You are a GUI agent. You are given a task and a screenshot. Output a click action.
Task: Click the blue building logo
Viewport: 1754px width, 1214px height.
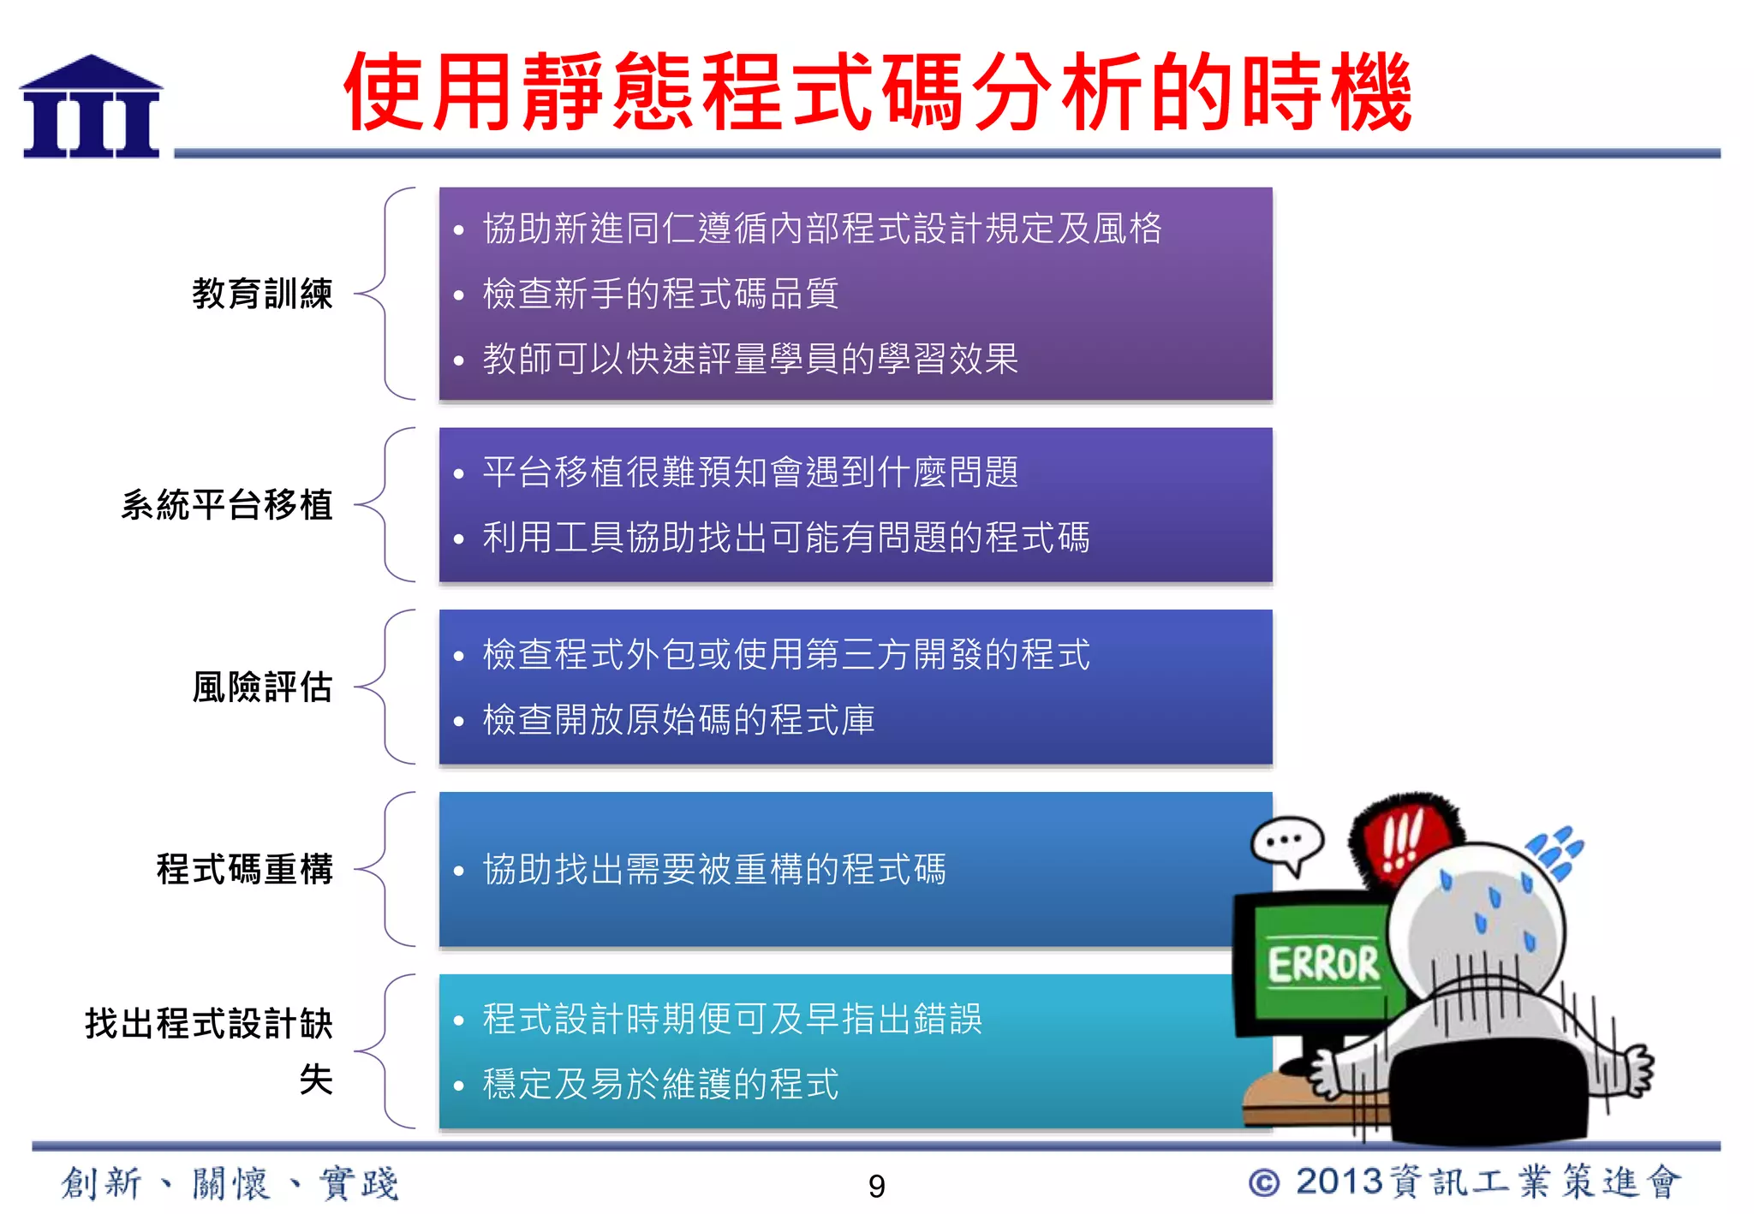pyautogui.click(x=91, y=108)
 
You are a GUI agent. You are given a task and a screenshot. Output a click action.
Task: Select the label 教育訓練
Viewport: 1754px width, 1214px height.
pyautogui.click(x=262, y=294)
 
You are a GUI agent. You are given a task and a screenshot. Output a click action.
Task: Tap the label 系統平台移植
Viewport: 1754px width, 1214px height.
pyautogui.click(x=227, y=505)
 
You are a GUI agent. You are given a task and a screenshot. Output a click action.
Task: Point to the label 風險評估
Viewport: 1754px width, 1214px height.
pyautogui.click(x=262, y=687)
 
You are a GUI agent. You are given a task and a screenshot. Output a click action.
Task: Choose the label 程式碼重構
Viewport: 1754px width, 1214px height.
pyautogui.click(x=245, y=870)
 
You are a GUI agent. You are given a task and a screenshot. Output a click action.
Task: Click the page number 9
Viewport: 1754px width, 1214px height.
pyautogui.click(x=876, y=1187)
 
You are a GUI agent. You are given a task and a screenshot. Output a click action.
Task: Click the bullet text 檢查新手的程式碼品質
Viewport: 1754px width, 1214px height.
pyautogui.click(x=660, y=294)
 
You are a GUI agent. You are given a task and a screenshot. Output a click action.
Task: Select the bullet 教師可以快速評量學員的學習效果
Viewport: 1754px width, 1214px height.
pyautogui.click(x=750, y=359)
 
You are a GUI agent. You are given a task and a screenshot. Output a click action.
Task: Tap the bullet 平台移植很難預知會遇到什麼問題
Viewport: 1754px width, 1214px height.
pyautogui.click(x=750, y=473)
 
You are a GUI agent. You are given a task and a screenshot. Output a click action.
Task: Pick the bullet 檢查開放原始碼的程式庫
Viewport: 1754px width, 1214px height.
pyautogui.click(x=678, y=720)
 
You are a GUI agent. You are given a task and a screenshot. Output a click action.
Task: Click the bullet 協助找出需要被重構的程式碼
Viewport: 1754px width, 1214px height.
pyautogui.click(x=714, y=870)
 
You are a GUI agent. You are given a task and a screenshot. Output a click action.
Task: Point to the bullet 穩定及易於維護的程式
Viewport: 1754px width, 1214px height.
pyautogui.click(x=660, y=1085)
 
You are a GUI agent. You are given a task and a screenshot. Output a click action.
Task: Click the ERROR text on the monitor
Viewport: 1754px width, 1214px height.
pyautogui.click(x=1323, y=965)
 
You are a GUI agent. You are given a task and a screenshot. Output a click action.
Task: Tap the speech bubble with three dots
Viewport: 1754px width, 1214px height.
pyautogui.click(x=1286, y=842)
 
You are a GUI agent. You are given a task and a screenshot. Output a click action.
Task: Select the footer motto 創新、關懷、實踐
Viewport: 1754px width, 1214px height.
pyautogui.click(x=230, y=1184)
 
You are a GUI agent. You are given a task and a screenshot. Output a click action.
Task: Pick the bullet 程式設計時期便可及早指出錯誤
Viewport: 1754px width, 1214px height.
pyautogui.click(x=732, y=1020)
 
